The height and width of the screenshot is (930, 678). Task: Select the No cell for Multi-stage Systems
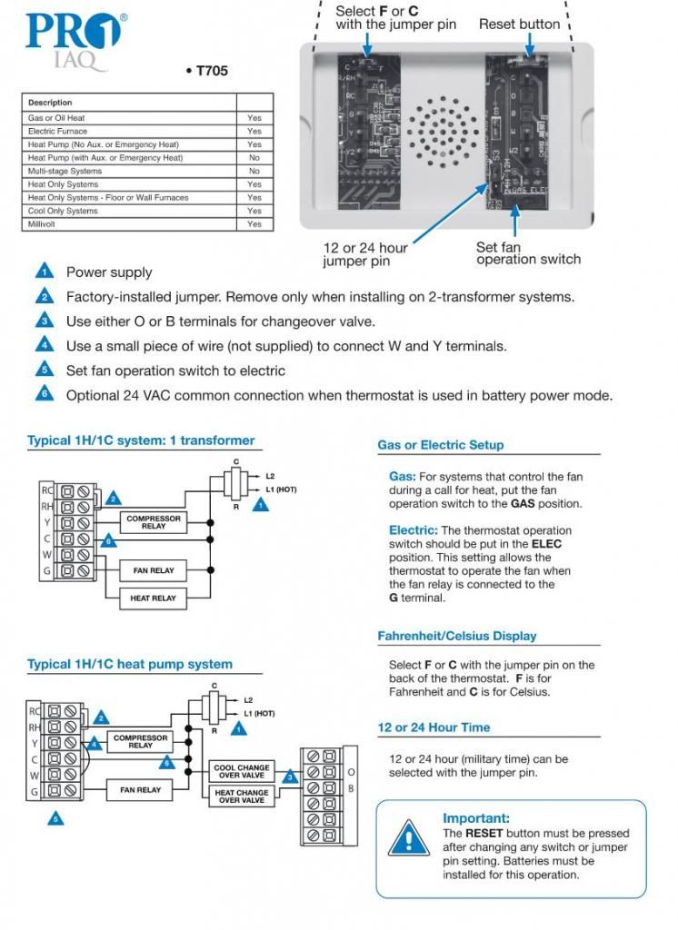click(254, 171)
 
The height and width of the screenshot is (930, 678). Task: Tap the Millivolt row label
click(43, 223)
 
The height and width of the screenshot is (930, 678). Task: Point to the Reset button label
click(519, 25)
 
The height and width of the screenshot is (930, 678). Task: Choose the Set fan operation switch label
click(528, 253)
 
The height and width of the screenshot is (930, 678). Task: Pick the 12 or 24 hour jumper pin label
click(365, 254)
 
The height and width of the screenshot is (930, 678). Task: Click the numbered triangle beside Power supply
click(44, 272)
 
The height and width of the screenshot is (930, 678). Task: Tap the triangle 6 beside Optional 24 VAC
click(44, 394)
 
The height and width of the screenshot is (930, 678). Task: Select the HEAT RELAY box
click(153, 599)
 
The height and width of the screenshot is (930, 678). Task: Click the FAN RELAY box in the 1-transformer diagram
click(153, 570)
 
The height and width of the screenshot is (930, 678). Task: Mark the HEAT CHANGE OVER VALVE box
click(241, 796)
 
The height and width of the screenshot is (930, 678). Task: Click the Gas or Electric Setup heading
click(440, 445)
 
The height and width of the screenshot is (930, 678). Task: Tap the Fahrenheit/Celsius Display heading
click(456, 636)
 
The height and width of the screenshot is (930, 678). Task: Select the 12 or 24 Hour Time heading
click(434, 727)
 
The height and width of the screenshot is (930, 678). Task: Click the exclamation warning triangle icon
click(408, 838)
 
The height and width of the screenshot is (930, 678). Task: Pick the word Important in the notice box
click(476, 818)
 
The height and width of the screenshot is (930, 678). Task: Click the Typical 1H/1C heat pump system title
click(129, 664)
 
